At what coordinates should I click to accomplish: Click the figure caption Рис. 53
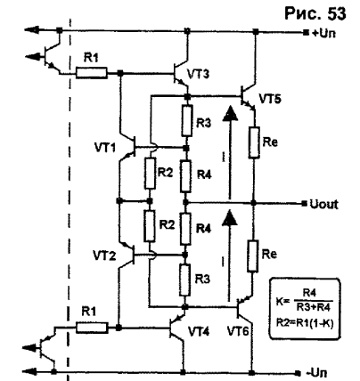(x=315, y=13)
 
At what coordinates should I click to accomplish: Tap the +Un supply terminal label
(x=323, y=33)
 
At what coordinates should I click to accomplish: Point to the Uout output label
(x=323, y=204)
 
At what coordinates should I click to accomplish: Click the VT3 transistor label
(x=198, y=73)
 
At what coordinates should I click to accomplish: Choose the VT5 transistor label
(x=270, y=99)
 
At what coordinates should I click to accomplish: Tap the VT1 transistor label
(x=105, y=147)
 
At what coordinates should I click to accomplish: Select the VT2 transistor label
(x=103, y=255)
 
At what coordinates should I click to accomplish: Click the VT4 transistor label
(x=199, y=331)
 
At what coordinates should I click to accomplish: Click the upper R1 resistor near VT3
(x=92, y=73)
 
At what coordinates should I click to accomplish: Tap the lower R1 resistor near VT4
(x=92, y=328)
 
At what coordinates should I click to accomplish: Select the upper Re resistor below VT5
(x=254, y=142)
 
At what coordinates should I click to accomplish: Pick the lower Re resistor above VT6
(x=252, y=256)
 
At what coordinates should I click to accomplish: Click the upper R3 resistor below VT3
(x=187, y=120)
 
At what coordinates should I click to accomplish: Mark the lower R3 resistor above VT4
(x=184, y=280)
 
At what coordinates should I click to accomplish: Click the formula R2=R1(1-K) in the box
(x=305, y=323)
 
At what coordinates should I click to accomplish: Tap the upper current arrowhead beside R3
(x=230, y=112)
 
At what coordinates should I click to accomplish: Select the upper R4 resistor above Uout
(x=185, y=176)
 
